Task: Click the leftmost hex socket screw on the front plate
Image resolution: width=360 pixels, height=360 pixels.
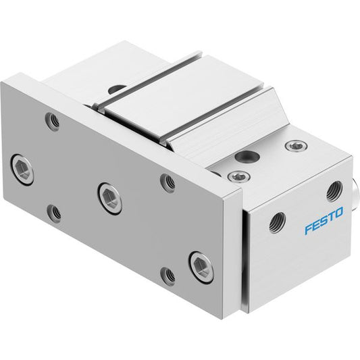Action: tap(23, 170)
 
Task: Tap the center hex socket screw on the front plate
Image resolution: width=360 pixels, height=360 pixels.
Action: tap(110, 199)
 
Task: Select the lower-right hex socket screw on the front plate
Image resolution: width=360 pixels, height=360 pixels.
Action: tap(201, 267)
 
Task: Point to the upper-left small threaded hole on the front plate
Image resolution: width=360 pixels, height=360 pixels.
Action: tap(53, 121)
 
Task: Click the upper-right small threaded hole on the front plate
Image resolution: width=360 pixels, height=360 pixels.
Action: tap(168, 183)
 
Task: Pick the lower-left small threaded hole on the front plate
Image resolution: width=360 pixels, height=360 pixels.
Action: tap(54, 213)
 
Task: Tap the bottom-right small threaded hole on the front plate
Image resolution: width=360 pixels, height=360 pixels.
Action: tap(168, 276)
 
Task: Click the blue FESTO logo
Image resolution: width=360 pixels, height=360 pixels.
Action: tap(324, 220)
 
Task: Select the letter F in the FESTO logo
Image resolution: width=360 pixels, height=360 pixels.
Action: tap(309, 229)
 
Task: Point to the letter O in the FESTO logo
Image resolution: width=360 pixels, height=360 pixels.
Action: tap(338, 213)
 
